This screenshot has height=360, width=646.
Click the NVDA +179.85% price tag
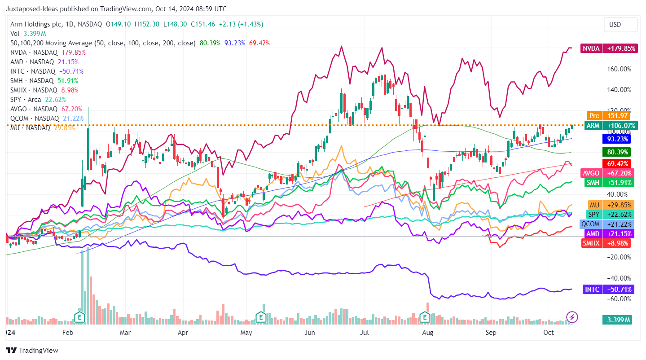(609, 48)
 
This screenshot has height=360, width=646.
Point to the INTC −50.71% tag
(609, 290)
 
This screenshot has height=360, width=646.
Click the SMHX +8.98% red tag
(606, 243)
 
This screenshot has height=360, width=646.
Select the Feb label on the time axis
(67, 333)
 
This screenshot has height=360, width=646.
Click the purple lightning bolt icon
(572, 317)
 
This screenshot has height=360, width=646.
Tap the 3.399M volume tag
(616, 320)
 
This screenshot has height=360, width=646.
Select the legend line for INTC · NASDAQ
(47, 71)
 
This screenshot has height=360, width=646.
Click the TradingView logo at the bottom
(32, 350)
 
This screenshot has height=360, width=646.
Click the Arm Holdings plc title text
(40, 24)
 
